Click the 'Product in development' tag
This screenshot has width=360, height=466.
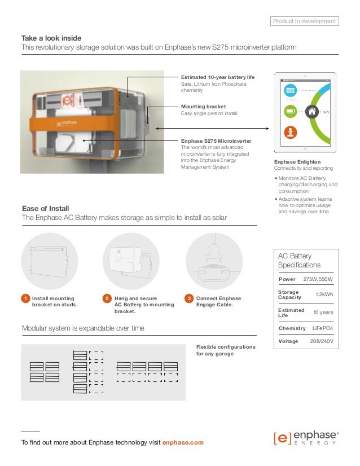coord(304,21)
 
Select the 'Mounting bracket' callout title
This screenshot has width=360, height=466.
coord(203,106)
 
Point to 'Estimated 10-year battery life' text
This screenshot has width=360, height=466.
coord(218,76)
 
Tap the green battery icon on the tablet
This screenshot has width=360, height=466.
coord(290,112)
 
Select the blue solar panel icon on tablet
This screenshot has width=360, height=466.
coord(290,91)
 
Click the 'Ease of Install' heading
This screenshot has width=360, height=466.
coord(45,208)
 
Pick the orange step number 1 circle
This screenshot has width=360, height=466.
coord(25,298)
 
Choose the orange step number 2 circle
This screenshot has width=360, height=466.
coord(107,298)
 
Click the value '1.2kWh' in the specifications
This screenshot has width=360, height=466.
coord(324,295)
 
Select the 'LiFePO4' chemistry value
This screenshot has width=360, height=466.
coord(323,328)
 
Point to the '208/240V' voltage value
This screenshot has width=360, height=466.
coord(322,341)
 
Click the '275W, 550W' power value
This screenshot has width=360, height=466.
coord(318,279)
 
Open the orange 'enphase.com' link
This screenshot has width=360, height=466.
coord(183,442)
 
